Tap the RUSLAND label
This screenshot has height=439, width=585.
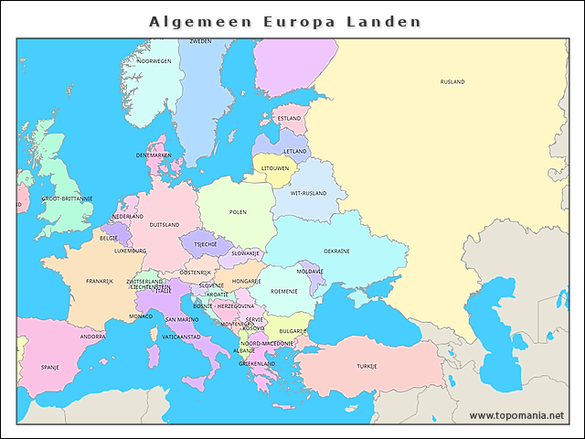452,82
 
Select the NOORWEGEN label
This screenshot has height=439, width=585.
154,61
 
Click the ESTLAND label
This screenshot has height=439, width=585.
289,119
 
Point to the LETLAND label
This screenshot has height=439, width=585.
295,152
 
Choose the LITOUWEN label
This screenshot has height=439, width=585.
275,168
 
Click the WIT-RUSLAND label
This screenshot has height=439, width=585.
309,194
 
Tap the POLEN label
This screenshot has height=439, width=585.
238,212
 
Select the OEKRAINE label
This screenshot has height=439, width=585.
336,251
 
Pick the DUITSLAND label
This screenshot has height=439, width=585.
165,224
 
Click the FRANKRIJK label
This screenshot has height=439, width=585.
100,282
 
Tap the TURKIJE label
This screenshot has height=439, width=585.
367,366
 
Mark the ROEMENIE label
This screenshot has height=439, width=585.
284,291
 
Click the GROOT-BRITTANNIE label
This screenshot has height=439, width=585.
67,198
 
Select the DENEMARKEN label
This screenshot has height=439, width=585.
154,155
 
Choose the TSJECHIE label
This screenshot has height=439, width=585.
206,244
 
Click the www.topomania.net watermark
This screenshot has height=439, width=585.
516,415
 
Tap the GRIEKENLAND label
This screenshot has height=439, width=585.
257,363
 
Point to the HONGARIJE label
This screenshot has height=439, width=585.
247,282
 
